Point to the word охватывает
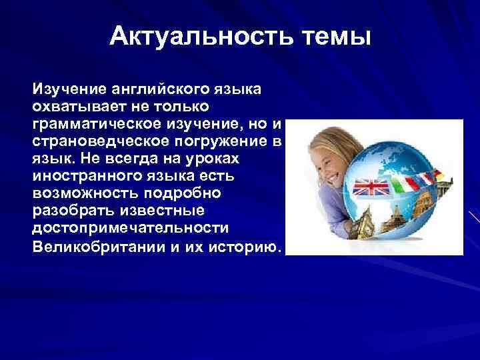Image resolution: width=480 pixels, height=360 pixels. pos(71,107)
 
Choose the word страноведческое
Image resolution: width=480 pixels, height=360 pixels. pos(93,141)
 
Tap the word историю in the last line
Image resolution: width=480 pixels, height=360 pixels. pos(248,247)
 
